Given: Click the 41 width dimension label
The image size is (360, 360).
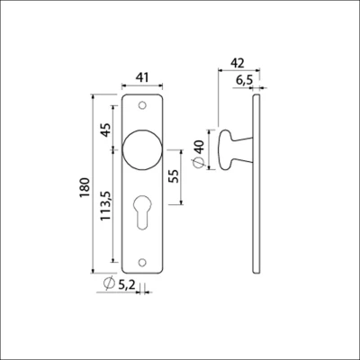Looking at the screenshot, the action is pos(142,77).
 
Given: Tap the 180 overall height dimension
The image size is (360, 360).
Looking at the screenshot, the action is pos(85,187).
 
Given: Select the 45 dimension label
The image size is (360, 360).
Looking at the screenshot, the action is pos(105,130).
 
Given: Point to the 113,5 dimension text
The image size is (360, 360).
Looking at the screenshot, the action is pos(105,206).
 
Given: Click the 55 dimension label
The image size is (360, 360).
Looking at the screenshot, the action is pos(174,176).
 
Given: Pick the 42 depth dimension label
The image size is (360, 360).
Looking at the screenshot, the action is pos(238,63).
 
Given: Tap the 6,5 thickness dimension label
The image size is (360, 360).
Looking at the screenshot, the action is pos(245,80).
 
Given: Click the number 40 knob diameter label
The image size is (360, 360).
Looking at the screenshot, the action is pos(200,147).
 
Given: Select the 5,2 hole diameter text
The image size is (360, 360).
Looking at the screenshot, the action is pos(127,283).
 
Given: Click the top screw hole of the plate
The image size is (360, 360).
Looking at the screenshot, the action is pos(142,105).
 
